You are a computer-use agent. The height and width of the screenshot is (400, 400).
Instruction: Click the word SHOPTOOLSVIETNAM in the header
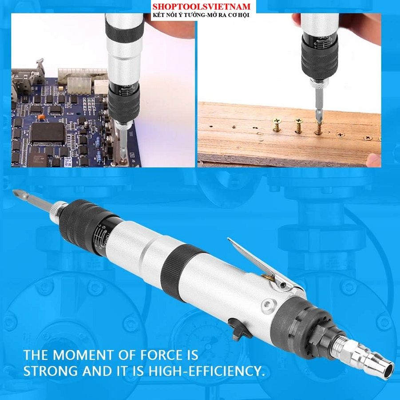(202, 6)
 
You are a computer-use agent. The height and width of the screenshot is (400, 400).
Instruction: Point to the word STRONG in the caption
(51, 371)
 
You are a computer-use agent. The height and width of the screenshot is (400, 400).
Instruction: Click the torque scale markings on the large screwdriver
(102, 234)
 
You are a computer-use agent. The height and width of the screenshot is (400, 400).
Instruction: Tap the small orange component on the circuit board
(41, 117)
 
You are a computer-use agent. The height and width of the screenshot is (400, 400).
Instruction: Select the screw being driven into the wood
(318, 128)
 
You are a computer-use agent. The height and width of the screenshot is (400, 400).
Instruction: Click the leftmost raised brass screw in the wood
(276, 125)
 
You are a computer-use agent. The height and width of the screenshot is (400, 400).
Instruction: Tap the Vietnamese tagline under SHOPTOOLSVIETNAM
(201, 15)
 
